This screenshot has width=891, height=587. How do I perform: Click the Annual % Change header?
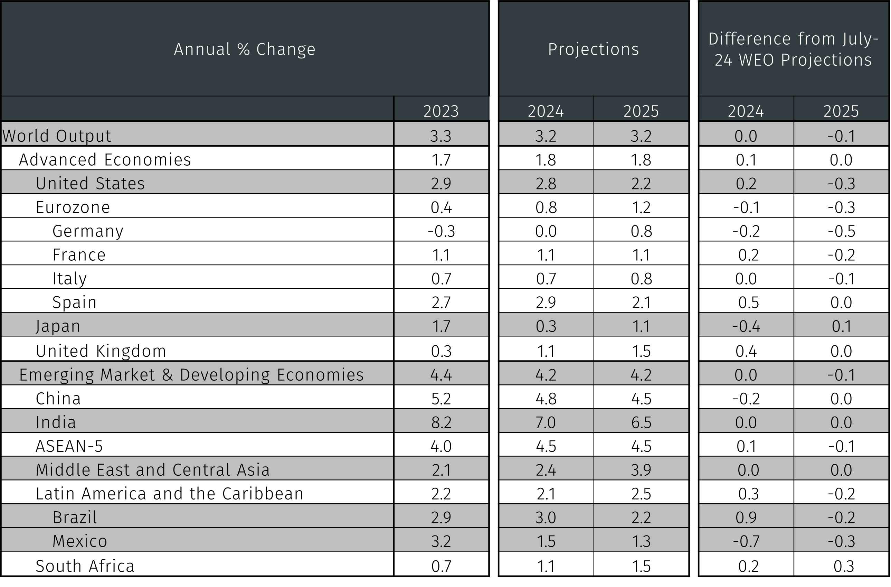click(245, 49)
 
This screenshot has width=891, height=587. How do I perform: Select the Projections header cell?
click(594, 49)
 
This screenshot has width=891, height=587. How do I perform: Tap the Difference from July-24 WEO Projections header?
click(793, 49)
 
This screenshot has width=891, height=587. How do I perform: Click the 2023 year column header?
click(441, 111)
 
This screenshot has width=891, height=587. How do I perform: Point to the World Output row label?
click(57, 136)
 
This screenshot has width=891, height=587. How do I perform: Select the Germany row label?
click(88, 231)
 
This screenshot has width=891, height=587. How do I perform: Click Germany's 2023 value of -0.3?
click(441, 231)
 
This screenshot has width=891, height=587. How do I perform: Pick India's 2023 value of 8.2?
click(441, 422)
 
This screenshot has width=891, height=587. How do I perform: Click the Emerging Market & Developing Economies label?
click(191, 375)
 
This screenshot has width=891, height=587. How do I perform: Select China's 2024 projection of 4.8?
click(546, 398)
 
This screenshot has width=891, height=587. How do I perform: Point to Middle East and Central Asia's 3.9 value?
click(641, 470)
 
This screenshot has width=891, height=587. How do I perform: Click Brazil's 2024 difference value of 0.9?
click(746, 517)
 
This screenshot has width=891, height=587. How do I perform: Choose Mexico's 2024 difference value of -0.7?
click(746, 541)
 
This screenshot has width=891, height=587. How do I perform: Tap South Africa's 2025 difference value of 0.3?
click(844, 566)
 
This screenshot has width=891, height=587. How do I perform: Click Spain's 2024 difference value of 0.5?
click(748, 302)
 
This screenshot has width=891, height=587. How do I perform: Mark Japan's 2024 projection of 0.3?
click(546, 326)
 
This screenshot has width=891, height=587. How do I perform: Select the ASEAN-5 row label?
click(69, 446)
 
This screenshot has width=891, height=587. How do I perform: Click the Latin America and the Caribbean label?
click(170, 493)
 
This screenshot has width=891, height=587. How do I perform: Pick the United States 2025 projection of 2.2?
click(641, 183)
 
